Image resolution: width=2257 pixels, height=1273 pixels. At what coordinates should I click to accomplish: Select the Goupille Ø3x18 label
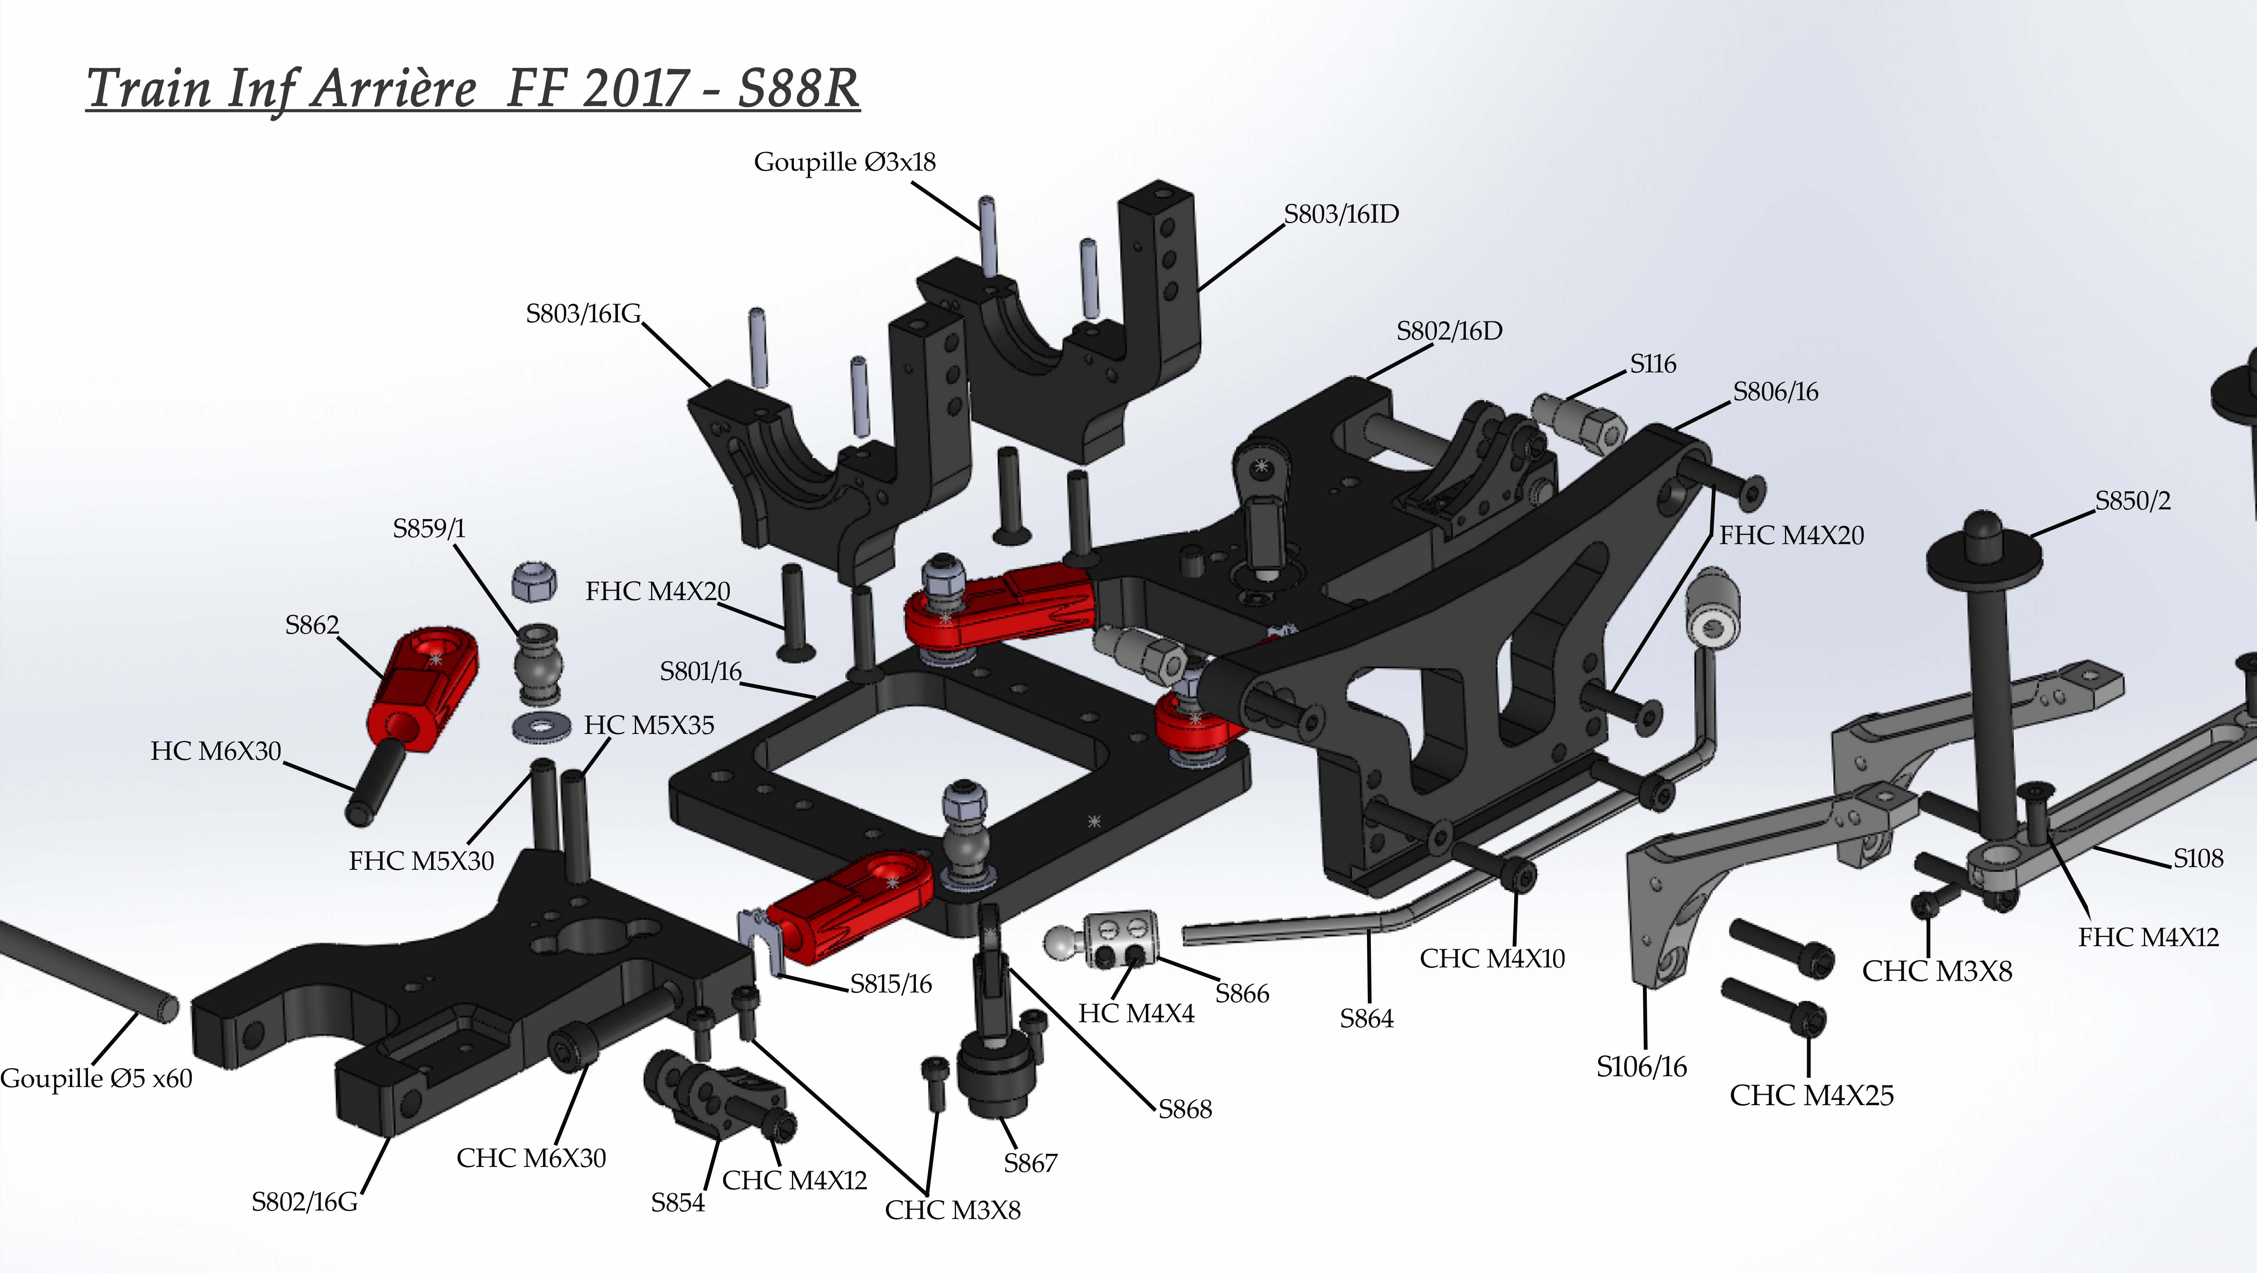(844, 162)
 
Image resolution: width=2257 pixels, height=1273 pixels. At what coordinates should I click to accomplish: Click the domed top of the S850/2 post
(1984, 531)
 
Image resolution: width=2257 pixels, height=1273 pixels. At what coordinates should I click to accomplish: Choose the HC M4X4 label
(1135, 1014)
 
